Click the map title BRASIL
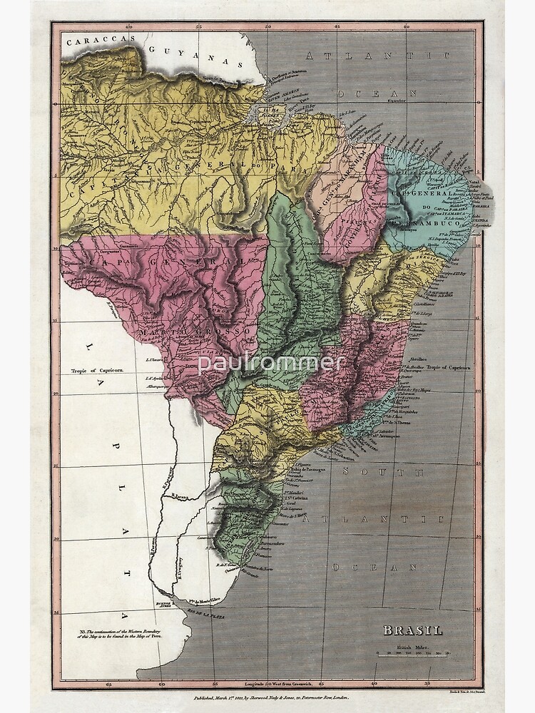tap(413, 630)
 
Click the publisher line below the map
tap(267, 700)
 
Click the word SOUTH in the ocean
tap(383, 472)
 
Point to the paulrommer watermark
tap(271, 363)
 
